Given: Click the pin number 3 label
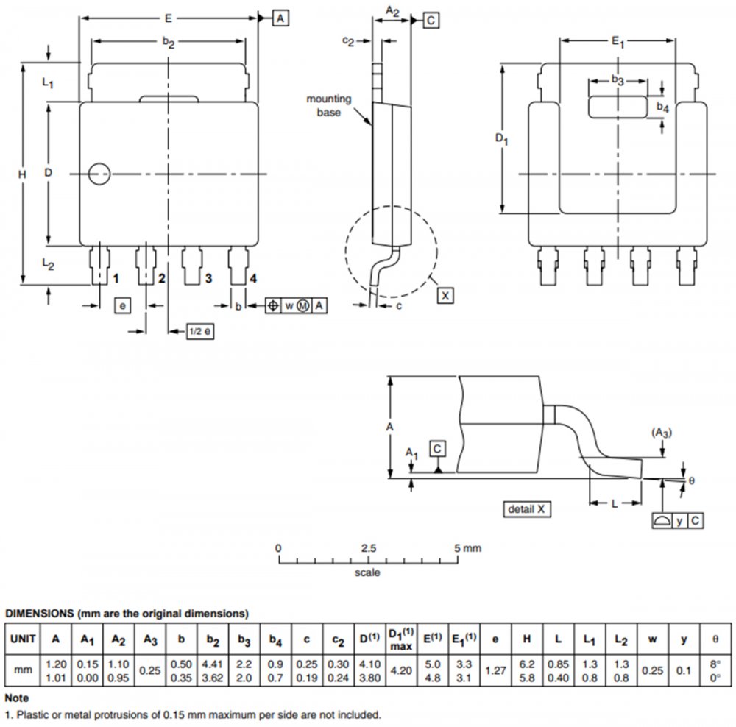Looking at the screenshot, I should pyautogui.click(x=208, y=278).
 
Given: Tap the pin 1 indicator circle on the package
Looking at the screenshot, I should pyautogui.click(x=98, y=174).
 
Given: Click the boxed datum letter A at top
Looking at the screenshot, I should pyautogui.click(x=280, y=18).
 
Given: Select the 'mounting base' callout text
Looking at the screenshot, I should pyautogui.click(x=329, y=105).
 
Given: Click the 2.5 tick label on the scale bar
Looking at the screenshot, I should pyautogui.click(x=368, y=548).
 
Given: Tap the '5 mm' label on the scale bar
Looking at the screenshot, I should pyautogui.click(x=469, y=548).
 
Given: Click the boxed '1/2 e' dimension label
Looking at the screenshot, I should pyautogui.click(x=199, y=332).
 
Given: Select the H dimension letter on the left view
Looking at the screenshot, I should pyautogui.click(x=22, y=174).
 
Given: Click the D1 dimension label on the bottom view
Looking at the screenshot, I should pyautogui.click(x=502, y=138).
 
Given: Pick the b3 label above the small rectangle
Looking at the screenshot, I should pyautogui.click(x=618, y=79).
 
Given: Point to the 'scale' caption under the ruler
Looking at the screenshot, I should pyautogui.click(x=367, y=572).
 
